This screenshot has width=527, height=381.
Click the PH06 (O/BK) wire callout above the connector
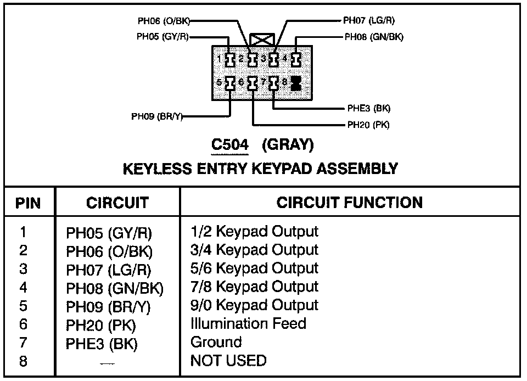pyautogui.click(x=164, y=21)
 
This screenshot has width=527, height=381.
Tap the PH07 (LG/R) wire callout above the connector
pyautogui.click(x=368, y=21)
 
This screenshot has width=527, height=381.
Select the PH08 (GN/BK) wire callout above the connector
pyautogui.click(x=371, y=37)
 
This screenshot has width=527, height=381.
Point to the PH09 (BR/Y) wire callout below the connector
pyautogui.click(x=156, y=116)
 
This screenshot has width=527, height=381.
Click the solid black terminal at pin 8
pyautogui.click(x=296, y=83)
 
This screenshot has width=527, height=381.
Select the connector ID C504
pyautogui.click(x=231, y=145)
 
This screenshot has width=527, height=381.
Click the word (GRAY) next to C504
pyautogui.click(x=288, y=145)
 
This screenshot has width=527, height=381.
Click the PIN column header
pyautogui.click(x=29, y=203)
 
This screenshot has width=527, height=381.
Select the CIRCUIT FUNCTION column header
pyautogui.click(x=349, y=203)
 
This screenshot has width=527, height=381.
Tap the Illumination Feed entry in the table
pyautogui.click(x=248, y=323)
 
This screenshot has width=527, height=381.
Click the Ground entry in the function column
pyautogui.click(x=216, y=342)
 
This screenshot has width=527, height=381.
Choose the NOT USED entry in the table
pyautogui.click(x=228, y=361)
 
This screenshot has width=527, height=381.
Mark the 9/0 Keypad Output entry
pyautogui.click(x=254, y=305)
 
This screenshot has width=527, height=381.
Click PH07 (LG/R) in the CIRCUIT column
pyautogui.click(x=108, y=270)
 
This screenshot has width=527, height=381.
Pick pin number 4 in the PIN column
pyautogui.click(x=23, y=287)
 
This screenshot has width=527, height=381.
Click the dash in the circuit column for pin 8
pyautogui.click(x=108, y=363)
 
